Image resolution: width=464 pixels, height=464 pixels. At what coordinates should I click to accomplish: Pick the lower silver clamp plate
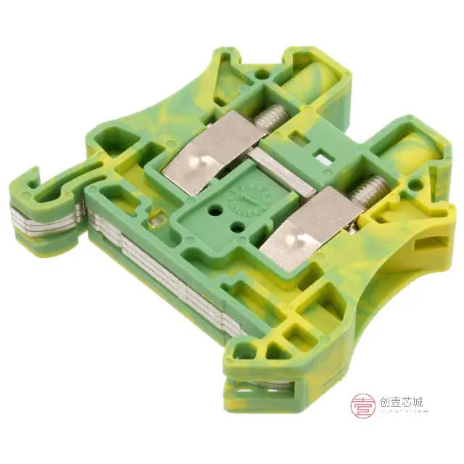point(308,224)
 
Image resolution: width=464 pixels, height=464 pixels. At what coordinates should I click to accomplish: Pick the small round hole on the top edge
point(260,73)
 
